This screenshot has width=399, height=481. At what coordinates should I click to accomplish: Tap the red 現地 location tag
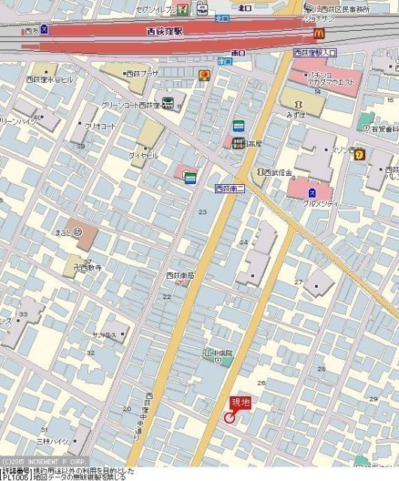(x=239, y=403)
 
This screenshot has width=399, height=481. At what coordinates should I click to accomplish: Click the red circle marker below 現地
(x=229, y=417)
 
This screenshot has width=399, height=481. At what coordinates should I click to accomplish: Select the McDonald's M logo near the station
(x=319, y=33)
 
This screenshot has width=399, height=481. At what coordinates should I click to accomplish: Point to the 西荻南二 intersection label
(x=230, y=188)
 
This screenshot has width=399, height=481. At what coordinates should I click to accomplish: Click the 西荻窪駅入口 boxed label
(x=315, y=53)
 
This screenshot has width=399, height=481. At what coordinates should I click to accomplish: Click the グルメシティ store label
(x=321, y=204)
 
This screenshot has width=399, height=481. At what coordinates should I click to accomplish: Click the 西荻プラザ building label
(x=141, y=74)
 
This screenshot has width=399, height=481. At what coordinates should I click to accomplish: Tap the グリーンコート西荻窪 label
(x=131, y=105)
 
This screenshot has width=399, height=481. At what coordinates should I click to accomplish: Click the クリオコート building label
(x=100, y=126)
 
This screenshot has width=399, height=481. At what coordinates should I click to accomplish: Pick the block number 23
(x=202, y=213)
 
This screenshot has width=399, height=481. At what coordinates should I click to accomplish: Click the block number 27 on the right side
(x=298, y=282)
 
